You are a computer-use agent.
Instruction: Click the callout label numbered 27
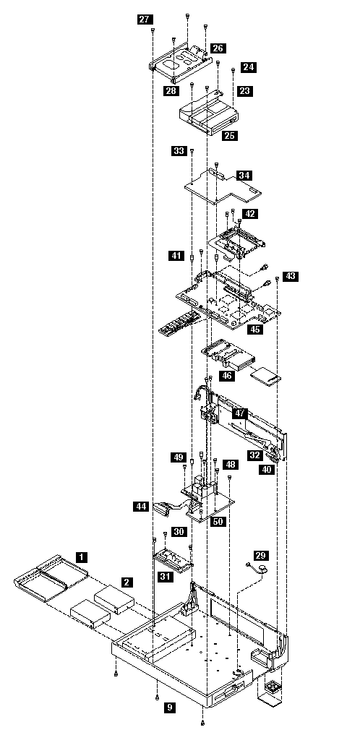(x=144, y=20)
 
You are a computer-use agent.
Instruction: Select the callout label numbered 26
(x=218, y=48)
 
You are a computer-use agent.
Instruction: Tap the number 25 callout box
(x=230, y=136)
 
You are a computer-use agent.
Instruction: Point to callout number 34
(x=244, y=176)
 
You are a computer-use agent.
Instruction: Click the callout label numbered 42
(x=249, y=214)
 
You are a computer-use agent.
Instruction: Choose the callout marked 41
(x=176, y=256)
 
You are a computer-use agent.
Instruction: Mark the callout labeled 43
(x=291, y=276)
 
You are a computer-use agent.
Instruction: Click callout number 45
(x=255, y=329)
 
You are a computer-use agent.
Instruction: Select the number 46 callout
(x=227, y=376)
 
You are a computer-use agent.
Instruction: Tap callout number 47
(x=240, y=413)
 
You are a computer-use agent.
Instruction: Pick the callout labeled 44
(x=140, y=507)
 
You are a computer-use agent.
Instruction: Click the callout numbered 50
(x=218, y=522)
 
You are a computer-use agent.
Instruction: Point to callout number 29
(x=261, y=555)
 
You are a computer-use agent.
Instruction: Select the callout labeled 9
(x=169, y=708)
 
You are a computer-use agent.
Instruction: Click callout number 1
(x=82, y=556)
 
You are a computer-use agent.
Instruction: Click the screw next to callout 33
(x=192, y=151)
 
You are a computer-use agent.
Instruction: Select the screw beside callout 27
(x=153, y=30)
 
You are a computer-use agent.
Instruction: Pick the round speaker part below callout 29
(x=261, y=569)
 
